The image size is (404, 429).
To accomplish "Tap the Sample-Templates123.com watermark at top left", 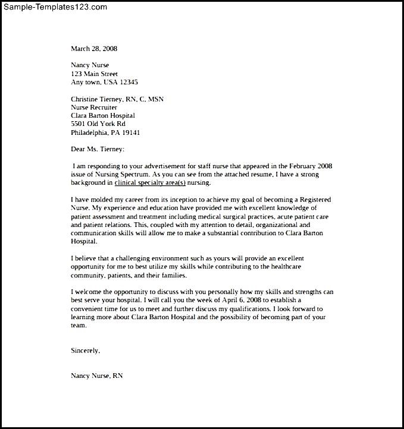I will coord(55,7).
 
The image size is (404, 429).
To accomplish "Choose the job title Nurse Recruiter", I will coord(94,107).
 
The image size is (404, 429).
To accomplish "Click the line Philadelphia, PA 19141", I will coord(105,133).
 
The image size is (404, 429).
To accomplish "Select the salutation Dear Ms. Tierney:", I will coord(98,149).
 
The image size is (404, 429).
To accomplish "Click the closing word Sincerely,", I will coord(86,351).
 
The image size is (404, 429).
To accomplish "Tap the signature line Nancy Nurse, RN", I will coord(97,376).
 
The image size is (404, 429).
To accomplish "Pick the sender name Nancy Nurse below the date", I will coord(90,65).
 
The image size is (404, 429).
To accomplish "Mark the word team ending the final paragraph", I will coord(78,326).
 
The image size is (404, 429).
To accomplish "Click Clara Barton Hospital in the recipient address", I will coord(103,115).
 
